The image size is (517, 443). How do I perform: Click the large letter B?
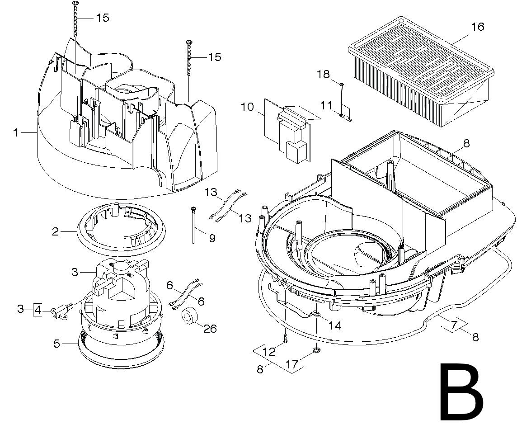461,392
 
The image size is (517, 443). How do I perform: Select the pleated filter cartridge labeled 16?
421,71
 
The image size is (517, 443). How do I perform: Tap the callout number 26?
210,329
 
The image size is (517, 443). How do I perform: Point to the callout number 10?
247,107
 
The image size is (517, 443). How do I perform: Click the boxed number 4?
38,310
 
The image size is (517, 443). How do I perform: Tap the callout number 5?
56,344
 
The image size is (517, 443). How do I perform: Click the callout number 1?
15,132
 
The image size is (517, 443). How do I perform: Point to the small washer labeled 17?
316,349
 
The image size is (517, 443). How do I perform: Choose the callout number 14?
335,325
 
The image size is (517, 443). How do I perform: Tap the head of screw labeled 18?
342,85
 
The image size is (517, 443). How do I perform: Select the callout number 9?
212,238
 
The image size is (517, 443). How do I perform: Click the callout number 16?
477,26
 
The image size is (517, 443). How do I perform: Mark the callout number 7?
454,325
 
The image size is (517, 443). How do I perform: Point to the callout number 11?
326,106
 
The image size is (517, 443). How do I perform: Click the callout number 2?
56,231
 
